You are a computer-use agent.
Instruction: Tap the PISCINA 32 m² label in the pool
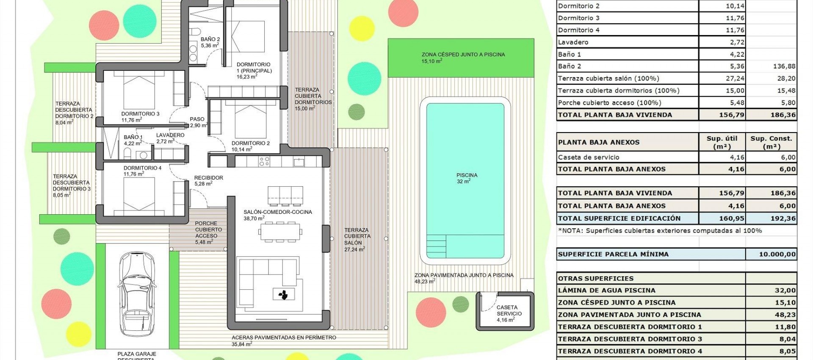467,178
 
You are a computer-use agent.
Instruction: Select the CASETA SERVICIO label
509,313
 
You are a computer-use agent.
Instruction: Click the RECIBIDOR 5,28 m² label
208,180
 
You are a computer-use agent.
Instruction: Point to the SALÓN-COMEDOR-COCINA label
277,215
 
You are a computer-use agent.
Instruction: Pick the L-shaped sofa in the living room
267,275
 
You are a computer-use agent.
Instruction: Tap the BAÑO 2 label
210,42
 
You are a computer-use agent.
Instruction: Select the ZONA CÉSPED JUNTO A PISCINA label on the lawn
463,57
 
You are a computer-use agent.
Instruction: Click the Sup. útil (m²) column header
722,142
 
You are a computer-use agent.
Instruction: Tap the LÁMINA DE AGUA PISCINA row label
606,291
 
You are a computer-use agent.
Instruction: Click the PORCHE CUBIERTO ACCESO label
206,233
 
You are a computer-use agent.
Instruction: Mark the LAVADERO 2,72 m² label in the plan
170,138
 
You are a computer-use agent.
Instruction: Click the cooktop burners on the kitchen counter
264,161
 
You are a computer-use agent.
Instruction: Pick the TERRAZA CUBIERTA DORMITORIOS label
312,99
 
